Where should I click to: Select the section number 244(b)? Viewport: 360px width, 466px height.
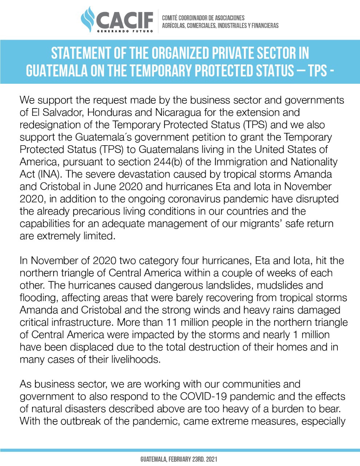168,162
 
